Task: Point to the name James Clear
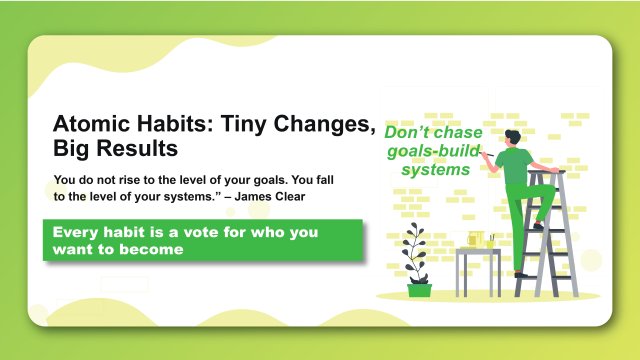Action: pos(271,197)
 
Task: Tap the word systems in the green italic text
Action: pos(436,170)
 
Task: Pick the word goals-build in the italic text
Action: pos(434,151)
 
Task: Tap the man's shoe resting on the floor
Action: pos(521,273)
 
